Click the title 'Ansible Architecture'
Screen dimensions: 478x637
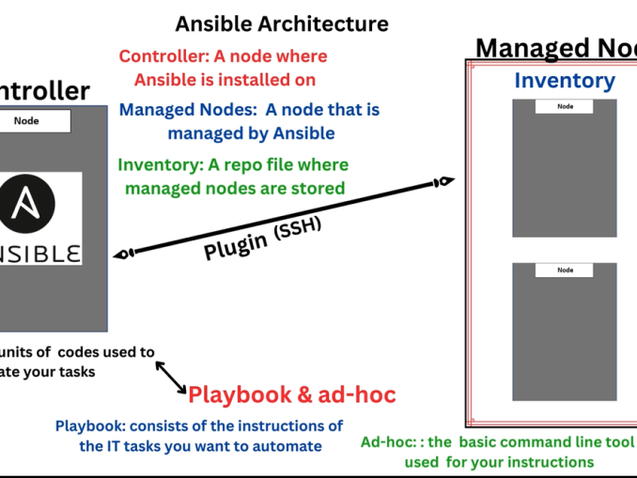pos(281,24)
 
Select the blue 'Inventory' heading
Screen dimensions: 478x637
pos(564,81)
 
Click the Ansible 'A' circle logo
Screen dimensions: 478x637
pos(27,203)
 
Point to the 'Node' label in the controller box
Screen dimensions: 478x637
pos(26,121)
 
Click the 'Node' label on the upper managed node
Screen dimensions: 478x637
pos(565,106)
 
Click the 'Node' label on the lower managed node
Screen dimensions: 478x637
pos(565,270)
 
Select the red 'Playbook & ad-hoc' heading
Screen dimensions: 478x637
pos(291,393)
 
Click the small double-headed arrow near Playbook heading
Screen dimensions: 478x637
pos(170,378)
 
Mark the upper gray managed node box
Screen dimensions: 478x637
pos(565,174)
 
